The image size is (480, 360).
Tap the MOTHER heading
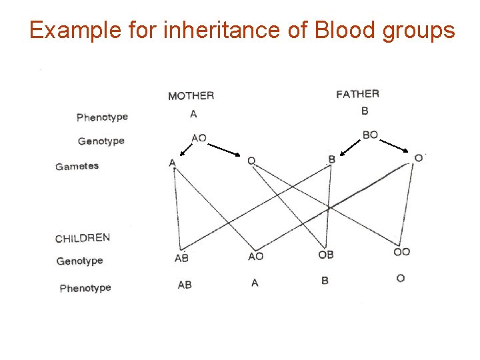point(191,96)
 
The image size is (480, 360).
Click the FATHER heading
point(358,94)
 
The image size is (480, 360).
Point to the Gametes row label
point(77,166)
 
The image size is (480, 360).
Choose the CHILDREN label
point(83,238)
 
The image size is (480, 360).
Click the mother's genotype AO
point(199,138)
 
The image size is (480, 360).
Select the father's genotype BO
point(370,135)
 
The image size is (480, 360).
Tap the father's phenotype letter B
point(365,111)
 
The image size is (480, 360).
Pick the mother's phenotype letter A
point(193,114)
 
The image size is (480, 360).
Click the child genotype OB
point(326,254)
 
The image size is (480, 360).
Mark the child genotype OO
point(402,251)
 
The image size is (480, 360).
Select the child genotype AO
point(255,256)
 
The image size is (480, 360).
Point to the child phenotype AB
point(185,285)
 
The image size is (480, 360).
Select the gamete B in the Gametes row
point(332,159)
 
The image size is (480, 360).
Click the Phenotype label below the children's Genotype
point(85,288)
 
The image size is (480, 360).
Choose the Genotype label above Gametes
point(101,141)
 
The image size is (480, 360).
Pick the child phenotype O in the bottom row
point(400,278)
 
